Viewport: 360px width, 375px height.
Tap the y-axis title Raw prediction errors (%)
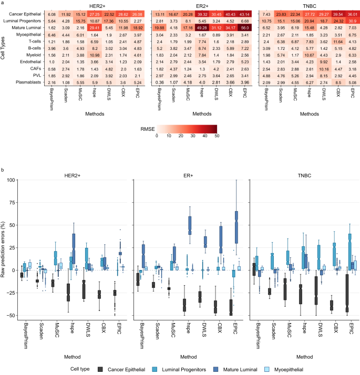pyautogui.click(x=4, y=247)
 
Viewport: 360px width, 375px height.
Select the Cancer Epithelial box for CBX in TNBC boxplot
pyautogui.click(x=331, y=305)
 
